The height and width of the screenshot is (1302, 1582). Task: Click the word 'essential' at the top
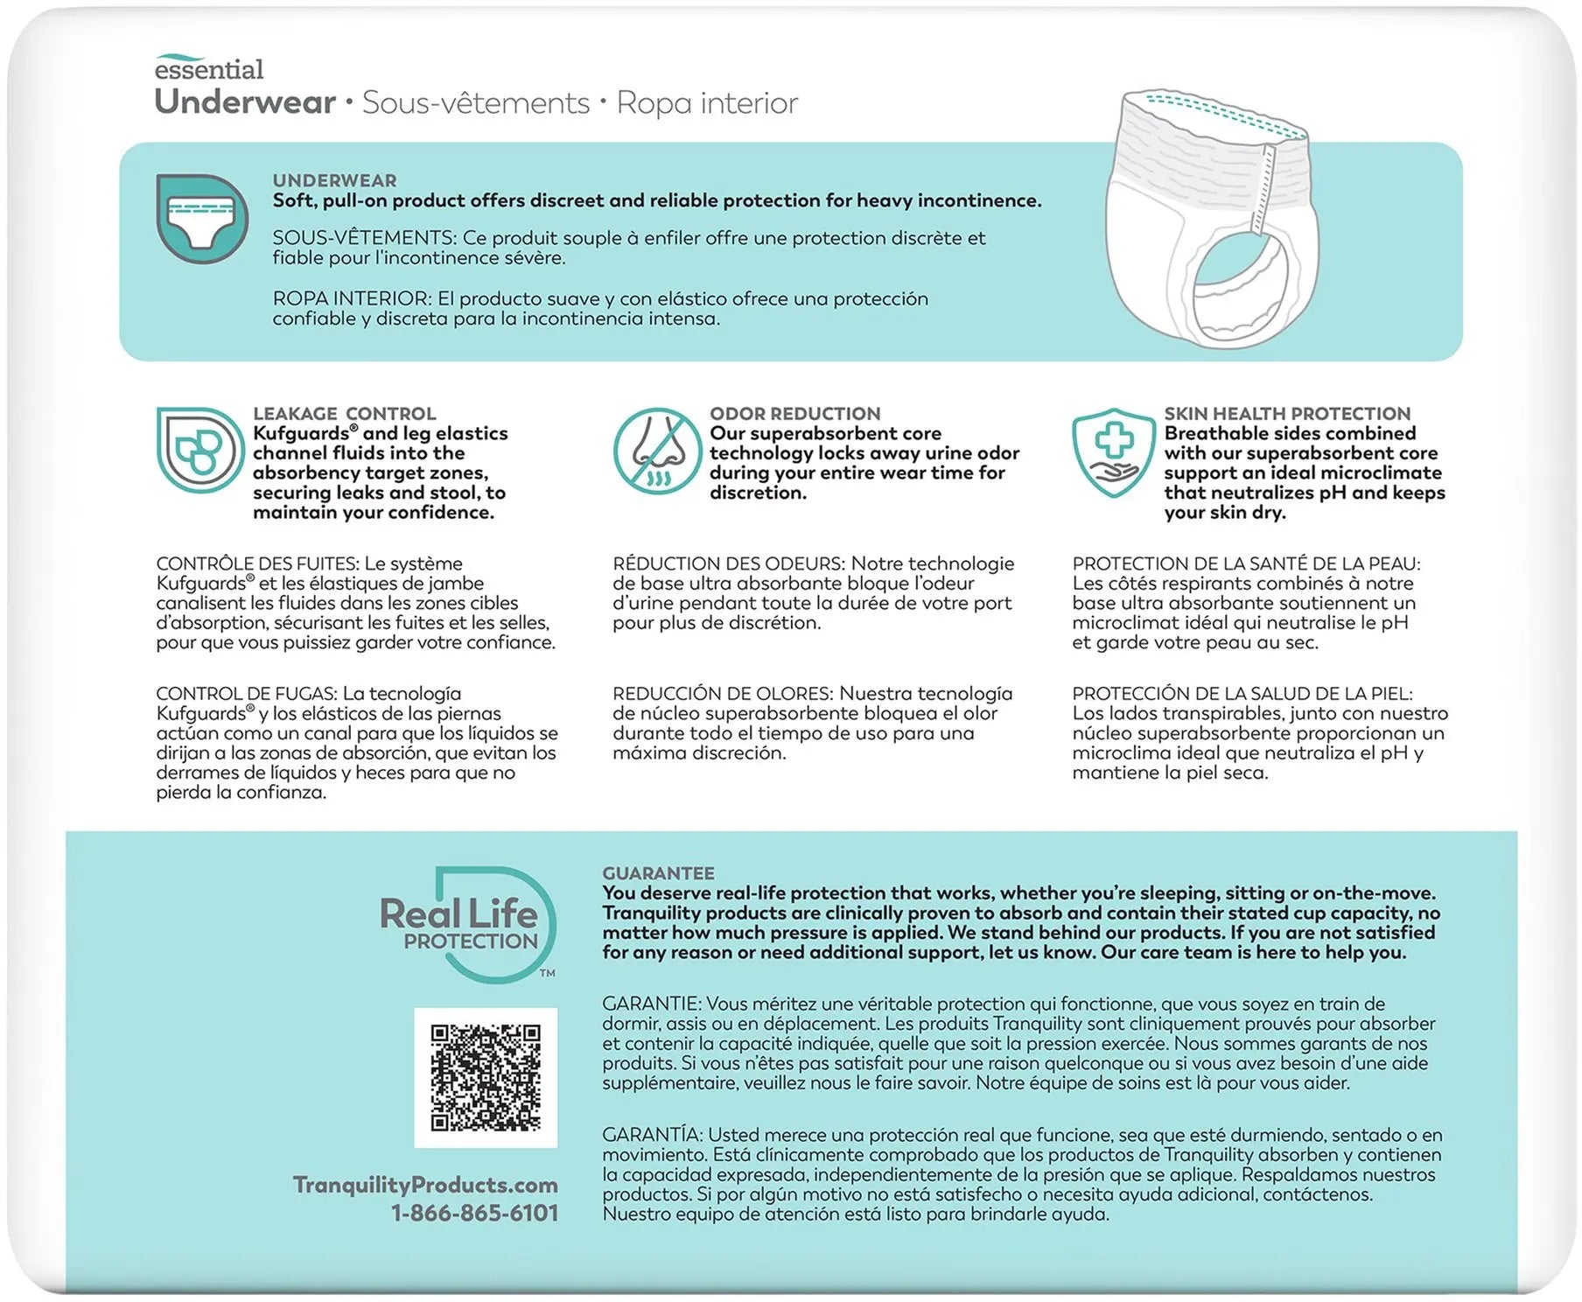[x=208, y=68]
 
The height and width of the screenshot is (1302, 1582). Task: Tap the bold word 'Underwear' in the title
[x=245, y=102]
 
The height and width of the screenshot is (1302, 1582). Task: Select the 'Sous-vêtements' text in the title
[x=476, y=103]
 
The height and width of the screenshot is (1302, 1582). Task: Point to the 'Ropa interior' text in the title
[x=707, y=103]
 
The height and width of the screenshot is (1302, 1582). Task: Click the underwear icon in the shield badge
[x=201, y=218]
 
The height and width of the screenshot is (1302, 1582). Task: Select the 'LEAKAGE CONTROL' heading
[x=344, y=413]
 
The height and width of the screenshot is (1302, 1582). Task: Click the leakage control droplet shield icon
[x=199, y=450]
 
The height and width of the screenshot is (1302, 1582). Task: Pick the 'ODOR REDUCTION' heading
[x=794, y=413]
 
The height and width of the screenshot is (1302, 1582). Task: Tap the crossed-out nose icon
[x=657, y=451]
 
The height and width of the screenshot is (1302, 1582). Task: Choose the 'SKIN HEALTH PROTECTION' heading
[x=1286, y=413]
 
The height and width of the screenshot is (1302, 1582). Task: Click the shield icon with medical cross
[x=1113, y=451]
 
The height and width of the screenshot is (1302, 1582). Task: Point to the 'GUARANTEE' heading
[x=658, y=872]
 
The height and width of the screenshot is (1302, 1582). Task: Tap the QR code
[x=486, y=1077]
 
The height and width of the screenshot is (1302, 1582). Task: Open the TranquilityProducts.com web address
[x=425, y=1185]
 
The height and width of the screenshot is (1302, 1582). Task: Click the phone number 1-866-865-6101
[x=474, y=1213]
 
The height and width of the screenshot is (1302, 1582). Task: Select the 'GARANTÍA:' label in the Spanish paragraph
[x=653, y=1135]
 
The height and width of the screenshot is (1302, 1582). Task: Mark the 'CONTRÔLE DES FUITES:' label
[x=257, y=563]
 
